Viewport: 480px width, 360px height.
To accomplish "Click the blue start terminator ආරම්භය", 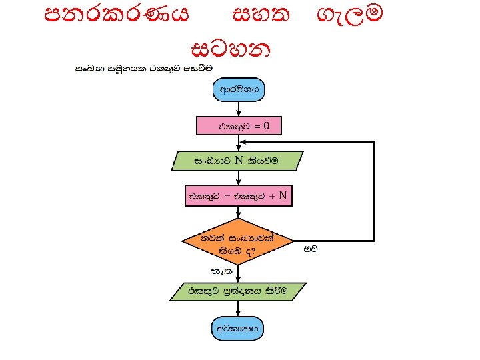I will click(238, 89).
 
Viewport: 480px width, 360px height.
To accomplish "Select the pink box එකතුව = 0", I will click(238, 125).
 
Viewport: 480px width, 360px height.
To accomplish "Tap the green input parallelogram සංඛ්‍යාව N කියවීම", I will click(238, 161).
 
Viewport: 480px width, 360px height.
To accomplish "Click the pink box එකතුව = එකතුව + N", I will click(238, 196).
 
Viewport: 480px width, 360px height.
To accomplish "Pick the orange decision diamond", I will click(238, 243).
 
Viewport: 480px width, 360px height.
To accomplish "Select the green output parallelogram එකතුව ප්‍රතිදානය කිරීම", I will click(238, 292).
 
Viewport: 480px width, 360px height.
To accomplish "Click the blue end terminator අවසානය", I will click(238, 328).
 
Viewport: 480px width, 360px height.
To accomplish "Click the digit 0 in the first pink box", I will click(266, 125).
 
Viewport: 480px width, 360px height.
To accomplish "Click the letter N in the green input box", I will click(238, 161).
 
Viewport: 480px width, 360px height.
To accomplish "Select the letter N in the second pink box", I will click(283, 196).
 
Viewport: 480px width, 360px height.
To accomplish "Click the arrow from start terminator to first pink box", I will click(238, 109).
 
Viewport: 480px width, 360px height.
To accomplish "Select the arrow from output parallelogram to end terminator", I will click(238, 310).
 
